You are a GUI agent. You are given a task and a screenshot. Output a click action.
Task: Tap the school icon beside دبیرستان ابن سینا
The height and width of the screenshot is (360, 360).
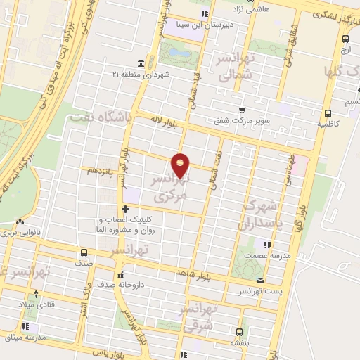click(x=204, y=13)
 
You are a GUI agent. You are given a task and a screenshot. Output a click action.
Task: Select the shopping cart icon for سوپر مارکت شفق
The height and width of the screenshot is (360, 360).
click(x=242, y=111)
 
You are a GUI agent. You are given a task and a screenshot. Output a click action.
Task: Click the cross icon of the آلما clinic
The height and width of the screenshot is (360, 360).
click(x=125, y=209)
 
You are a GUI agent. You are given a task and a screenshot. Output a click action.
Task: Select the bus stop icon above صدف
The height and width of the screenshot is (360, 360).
click(x=84, y=252)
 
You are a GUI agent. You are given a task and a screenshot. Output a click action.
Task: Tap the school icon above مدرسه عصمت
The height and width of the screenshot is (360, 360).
click(x=266, y=245)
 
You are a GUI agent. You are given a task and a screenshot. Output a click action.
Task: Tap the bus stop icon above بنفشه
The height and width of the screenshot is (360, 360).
click(x=240, y=331)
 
